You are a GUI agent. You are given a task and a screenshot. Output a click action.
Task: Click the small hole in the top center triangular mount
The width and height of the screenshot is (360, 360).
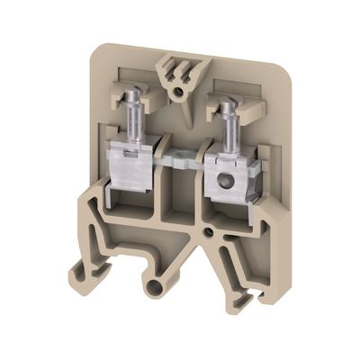click(x=180, y=91)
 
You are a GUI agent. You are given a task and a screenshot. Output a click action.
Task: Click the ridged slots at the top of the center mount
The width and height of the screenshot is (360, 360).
click(x=179, y=67)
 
